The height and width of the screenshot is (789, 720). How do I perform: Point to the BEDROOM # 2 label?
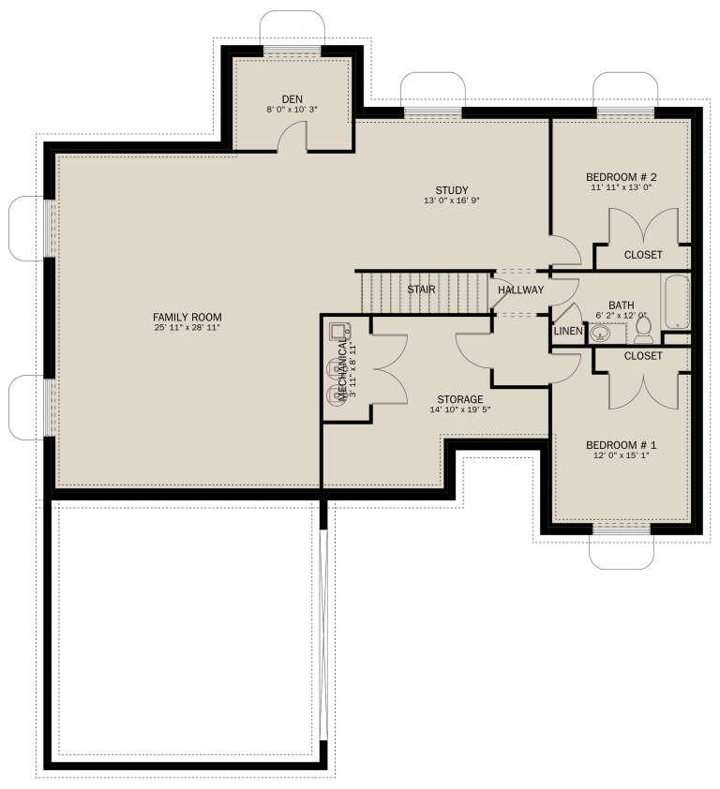[x=621, y=177]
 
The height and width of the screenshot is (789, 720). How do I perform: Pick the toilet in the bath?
[x=643, y=329]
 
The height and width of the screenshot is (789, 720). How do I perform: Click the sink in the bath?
[x=601, y=332]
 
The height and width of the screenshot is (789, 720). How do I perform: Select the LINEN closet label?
[x=568, y=332]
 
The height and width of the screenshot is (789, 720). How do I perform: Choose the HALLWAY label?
[x=520, y=290]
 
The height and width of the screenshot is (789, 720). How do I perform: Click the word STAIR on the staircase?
[x=421, y=290]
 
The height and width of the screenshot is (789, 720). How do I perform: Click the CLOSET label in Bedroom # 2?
[x=642, y=255]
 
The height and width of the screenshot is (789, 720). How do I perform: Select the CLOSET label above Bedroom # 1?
[x=642, y=356]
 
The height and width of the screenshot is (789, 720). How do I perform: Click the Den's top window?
[x=292, y=51]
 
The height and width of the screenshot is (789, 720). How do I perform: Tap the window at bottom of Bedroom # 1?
[x=621, y=528]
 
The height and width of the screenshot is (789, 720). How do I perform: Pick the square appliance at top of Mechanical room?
[x=337, y=330]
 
